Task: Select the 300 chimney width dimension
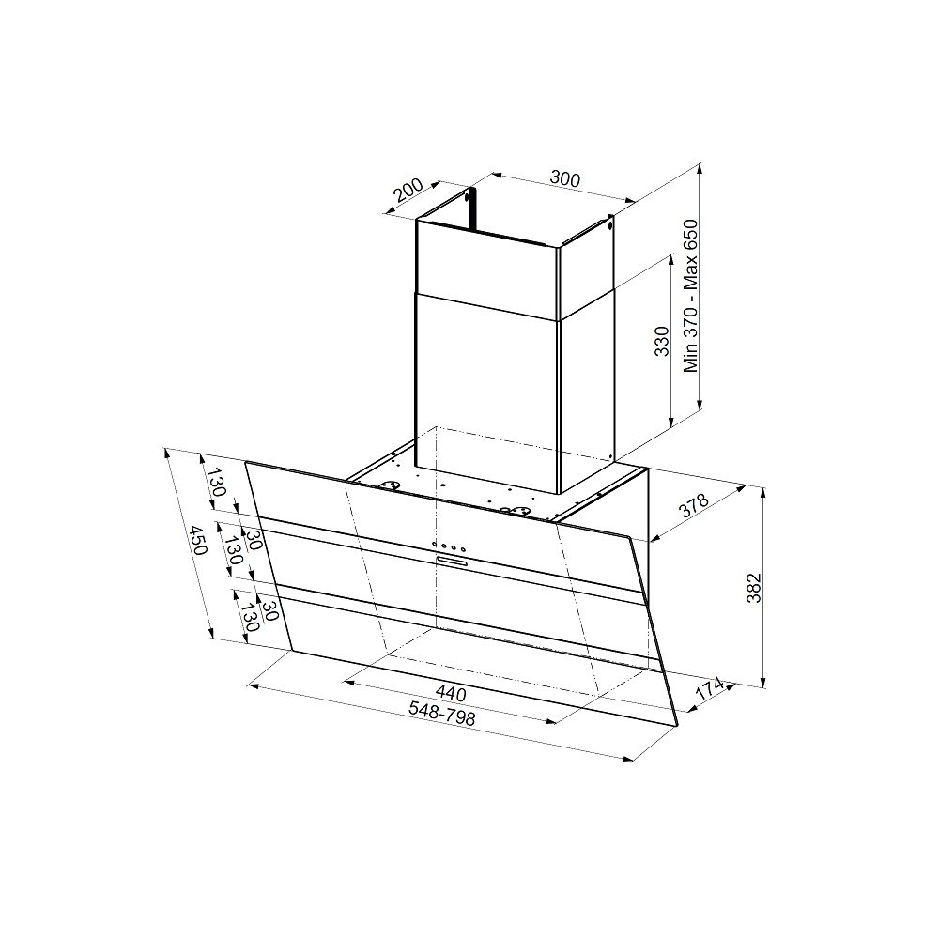click(x=564, y=179)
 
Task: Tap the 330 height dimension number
click(x=661, y=342)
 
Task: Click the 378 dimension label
click(x=694, y=505)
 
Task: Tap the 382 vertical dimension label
click(x=753, y=588)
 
